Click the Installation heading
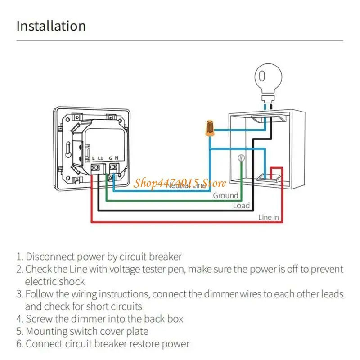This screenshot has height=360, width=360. coord(51,26)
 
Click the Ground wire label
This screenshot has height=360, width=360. coord(225,196)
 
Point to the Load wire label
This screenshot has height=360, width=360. coord(241,206)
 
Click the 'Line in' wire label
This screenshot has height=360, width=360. coord(269,217)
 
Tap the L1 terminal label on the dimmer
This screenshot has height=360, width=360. coord(101,158)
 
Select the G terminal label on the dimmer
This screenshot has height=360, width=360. coord(110,158)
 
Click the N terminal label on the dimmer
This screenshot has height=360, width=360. coord(117,158)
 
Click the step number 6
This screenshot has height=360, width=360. coord(19,344)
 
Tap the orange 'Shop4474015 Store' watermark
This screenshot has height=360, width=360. coord(180,182)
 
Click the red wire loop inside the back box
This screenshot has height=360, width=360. coord(276,171)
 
